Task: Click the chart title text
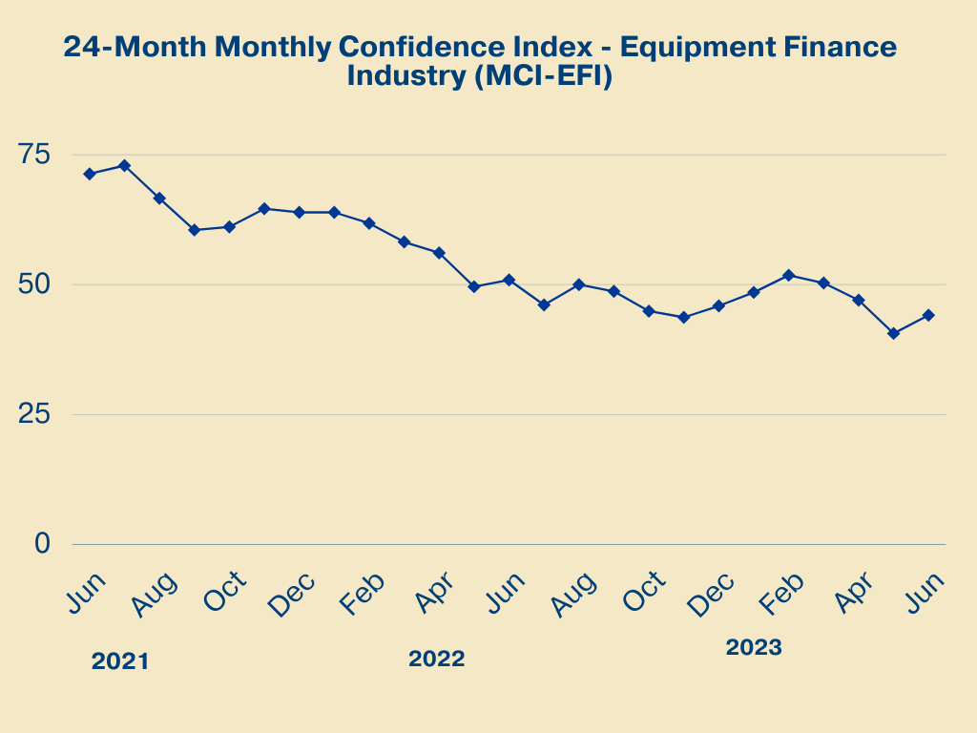click(480, 61)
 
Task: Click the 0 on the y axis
click(41, 543)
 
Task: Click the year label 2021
click(120, 661)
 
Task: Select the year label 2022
click(436, 659)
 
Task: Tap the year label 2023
click(754, 647)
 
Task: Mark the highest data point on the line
click(124, 165)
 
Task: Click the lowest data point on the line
click(893, 334)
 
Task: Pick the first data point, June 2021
click(89, 174)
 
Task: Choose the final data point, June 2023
click(928, 315)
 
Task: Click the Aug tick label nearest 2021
click(153, 595)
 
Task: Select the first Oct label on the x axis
click(225, 593)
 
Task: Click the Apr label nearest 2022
click(435, 593)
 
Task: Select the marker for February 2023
click(788, 275)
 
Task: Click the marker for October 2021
click(229, 227)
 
